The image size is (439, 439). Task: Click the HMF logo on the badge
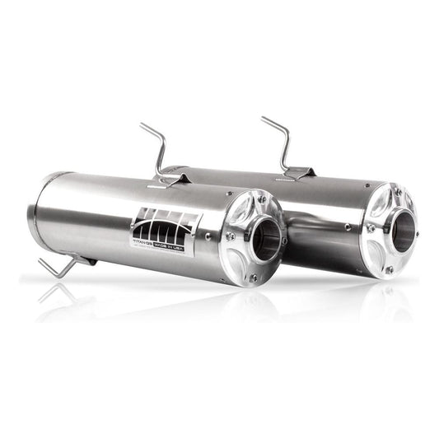(x=166, y=223)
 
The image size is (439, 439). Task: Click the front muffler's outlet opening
(x=264, y=237)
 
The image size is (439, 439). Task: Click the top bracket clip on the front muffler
(x=169, y=178)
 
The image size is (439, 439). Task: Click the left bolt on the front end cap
(x=230, y=236)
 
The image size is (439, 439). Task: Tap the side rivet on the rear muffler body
(x=348, y=227)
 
